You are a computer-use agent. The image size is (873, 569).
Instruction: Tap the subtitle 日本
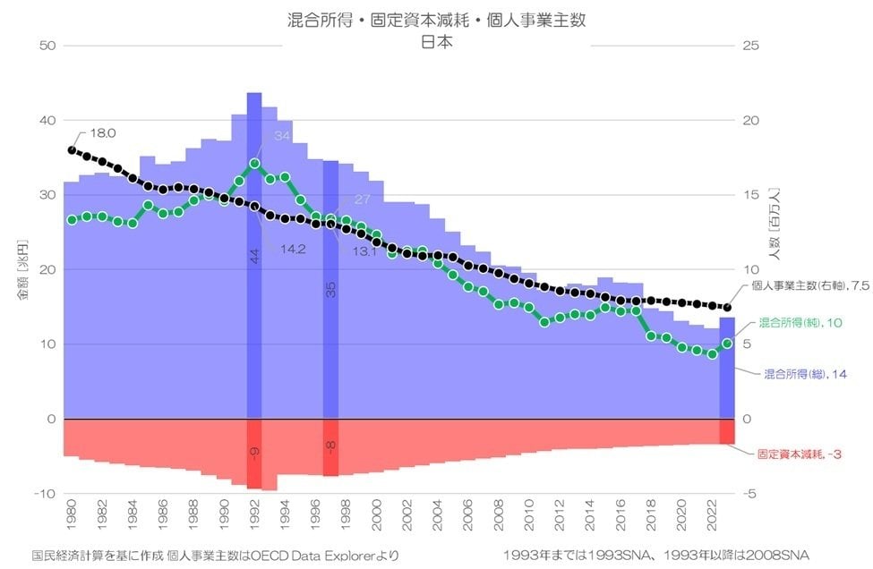click(436, 42)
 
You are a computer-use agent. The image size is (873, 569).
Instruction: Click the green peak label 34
click(283, 136)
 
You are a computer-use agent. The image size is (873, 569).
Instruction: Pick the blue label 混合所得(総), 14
click(805, 374)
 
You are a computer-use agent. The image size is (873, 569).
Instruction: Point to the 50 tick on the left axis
click(47, 46)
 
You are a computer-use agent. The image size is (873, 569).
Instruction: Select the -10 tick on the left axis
click(45, 494)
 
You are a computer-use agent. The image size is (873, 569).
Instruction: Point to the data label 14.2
click(293, 249)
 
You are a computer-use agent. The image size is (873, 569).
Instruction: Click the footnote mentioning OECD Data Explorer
click(215, 556)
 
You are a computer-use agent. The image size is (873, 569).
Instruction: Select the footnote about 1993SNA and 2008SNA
click(656, 556)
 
